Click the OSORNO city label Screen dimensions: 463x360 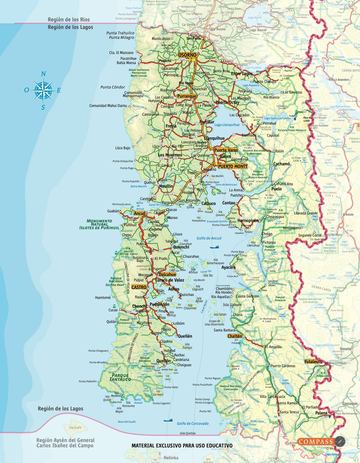pyautogui.click(x=187, y=55)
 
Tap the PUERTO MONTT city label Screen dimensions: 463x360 pyautogui.click(x=232, y=166)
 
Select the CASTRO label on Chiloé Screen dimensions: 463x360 pyautogui.click(x=139, y=287)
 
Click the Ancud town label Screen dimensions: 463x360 pyautogui.click(x=139, y=213)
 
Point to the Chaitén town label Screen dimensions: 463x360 pyautogui.click(x=235, y=336)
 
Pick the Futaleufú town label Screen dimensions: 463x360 pyautogui.click(x=313, y=362)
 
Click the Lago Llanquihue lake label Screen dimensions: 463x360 pyautogui.click(x=227, y=125)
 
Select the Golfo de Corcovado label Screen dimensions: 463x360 pyautogui.click(x=193, y=423)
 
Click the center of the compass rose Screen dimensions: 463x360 pyautogui.click(x=43, y=90)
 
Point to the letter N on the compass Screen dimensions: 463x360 pyautogui.click(x=44, y=74)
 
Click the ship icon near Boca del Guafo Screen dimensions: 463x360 pyautogui.click(x=168, y=420)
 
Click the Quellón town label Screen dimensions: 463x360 pyautogui.click(x=163, y=361)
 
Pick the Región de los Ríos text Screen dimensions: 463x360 pyautogui.click(x=69, y=20)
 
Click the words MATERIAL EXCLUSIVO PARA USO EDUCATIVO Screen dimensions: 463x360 pyautogui.click(x=182, y=446)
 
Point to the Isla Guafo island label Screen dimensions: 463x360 pyautogui.click(x=76, y=428)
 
